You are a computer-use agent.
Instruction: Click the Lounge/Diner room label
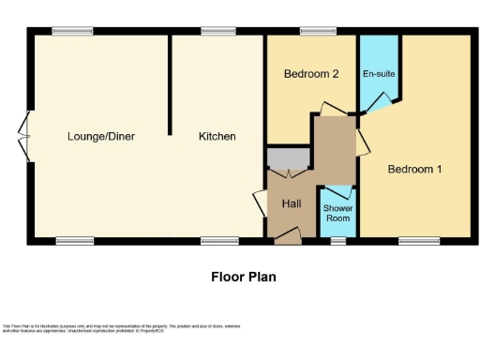(x=101, y=137)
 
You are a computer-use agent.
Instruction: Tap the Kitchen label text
(x=217, y=137)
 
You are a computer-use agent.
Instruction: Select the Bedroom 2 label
(x=310, y=75)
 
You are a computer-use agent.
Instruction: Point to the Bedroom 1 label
(x=414, y=169)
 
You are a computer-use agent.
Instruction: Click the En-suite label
(x=378, y=73)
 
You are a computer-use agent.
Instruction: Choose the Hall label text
(x=291, y=203)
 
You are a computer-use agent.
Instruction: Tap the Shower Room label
(x=337, y=213)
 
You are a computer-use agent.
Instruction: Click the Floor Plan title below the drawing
(x=242, y=277)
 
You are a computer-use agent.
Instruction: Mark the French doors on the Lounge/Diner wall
(x=25, y=137)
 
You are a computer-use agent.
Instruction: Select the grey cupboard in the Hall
(x=288, y=159)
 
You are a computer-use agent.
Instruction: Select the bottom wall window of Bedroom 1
(x=419, y=242)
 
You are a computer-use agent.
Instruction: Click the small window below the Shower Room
(x=337, y=242)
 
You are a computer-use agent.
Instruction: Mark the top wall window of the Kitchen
(x=218, y=32)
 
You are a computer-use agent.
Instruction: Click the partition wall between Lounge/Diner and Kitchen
(x=170, y=84)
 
